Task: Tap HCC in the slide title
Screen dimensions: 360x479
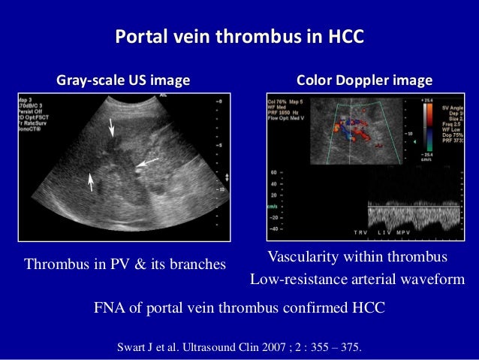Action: click(342, 37)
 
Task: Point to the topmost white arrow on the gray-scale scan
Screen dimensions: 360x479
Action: click(112, 130)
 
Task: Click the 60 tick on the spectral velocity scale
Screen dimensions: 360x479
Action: click(274, 171)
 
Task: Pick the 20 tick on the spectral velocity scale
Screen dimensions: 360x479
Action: click(274, 195)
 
